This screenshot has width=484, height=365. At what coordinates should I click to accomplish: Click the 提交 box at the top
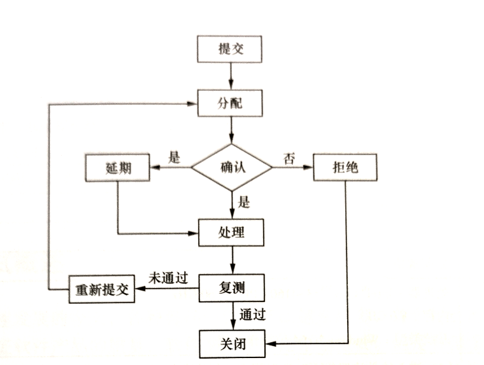pyautogui.click(x=230, y=49)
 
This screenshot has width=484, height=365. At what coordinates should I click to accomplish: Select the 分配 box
pyautogui.click(x=230, y=102)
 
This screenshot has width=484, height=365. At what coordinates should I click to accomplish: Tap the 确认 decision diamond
pyautogui.click(x=232, y=167)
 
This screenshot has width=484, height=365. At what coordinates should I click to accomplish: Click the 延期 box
pyautogui.click(x=117, y=168)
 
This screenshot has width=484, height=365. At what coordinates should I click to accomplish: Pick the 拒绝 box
pyautogui.click(x=346, y=168)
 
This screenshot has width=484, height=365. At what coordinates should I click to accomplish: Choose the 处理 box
pyautogui.click(x=231, y=232)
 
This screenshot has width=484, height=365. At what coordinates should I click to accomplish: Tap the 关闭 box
pyautogui.click(x=231, y=343)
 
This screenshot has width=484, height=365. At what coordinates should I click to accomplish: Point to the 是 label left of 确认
pyautogui.click(x=174, y=157)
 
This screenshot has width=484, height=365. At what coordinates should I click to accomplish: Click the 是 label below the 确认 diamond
pyautogui.click(x=243, y=203)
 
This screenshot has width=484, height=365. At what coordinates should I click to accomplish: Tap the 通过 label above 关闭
pyautogui.click(x=252, y=314)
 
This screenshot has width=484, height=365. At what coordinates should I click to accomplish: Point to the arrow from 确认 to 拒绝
pyautogui.click(x=294, y=168)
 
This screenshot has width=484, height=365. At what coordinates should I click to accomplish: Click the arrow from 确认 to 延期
pyautogui.click(x=170, y=168)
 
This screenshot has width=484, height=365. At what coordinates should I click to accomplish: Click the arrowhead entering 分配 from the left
pyautogui.click(x=193, y=102)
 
